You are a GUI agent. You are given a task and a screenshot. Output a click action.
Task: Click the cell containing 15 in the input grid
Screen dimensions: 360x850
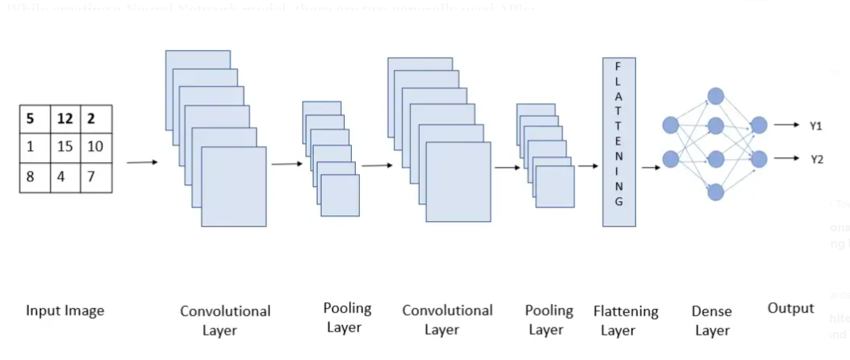tap(65, 148)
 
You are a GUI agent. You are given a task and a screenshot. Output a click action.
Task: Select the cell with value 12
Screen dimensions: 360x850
tap(65, 119)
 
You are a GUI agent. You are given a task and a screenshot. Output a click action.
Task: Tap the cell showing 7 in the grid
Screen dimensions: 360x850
tap(95, 176)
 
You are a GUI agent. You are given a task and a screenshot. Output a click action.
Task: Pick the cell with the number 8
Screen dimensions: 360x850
tap(34, 176)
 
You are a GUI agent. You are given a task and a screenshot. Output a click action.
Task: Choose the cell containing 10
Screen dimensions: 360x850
tap(95, 148)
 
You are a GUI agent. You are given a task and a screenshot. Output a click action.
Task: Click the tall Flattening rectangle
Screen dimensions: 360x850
tap(619, 141)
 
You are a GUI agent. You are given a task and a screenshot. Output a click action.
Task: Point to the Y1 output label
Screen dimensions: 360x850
tap(816, 125)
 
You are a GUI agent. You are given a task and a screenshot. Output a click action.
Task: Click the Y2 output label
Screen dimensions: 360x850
tap(816, 159)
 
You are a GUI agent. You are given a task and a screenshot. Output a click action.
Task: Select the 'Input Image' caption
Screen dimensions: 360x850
tap(65, 311)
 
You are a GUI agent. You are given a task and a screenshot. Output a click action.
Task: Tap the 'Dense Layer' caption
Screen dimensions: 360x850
tap(712, 321)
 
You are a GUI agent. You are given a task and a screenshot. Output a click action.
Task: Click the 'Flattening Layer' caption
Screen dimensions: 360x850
tap(626, 319)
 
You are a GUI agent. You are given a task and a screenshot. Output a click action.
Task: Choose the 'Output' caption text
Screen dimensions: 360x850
tap(790, 308)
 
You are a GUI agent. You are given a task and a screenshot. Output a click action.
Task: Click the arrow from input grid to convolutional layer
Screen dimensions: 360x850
tap(142, 162)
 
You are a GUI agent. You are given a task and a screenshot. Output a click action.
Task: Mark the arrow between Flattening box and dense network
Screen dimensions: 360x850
tap(650, 167)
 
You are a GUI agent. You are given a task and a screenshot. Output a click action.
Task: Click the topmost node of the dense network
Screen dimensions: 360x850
tap(715, 96)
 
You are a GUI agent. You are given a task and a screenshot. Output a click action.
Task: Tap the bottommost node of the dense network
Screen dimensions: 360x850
tap(715, 192)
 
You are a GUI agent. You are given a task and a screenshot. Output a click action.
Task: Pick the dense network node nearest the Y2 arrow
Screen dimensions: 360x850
tap(758, 159)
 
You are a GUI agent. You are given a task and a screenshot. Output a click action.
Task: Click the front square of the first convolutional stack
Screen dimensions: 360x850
tap(233, 187)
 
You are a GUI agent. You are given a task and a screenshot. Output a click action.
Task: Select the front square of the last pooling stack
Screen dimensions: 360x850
tap(555, 187)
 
